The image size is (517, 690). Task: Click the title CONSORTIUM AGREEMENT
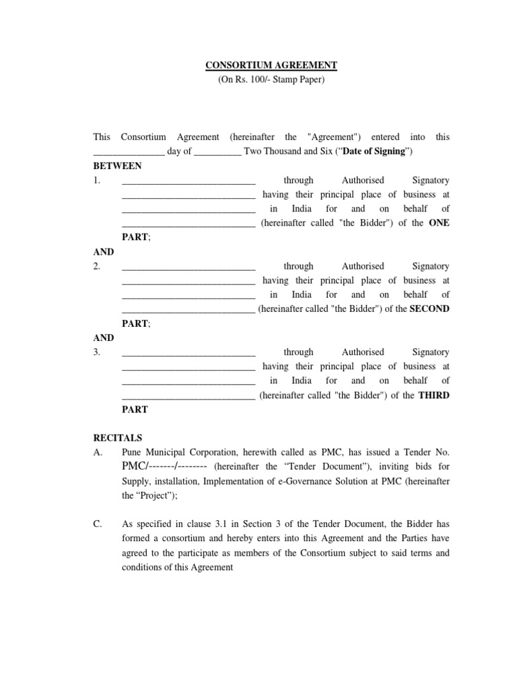pos(271,65)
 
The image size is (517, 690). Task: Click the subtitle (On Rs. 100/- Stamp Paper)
pos(271,80)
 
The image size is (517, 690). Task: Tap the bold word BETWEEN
pos(117,166)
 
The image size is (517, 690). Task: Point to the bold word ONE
pos(439,223)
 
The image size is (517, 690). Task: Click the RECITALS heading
pos(118,438)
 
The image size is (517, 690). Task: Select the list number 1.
pos(97,181)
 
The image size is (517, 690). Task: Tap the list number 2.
pos(97,266)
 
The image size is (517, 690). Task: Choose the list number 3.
pos(97,352)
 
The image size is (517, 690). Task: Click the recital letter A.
pos(98,452)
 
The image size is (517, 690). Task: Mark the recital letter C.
pos(98,524)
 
